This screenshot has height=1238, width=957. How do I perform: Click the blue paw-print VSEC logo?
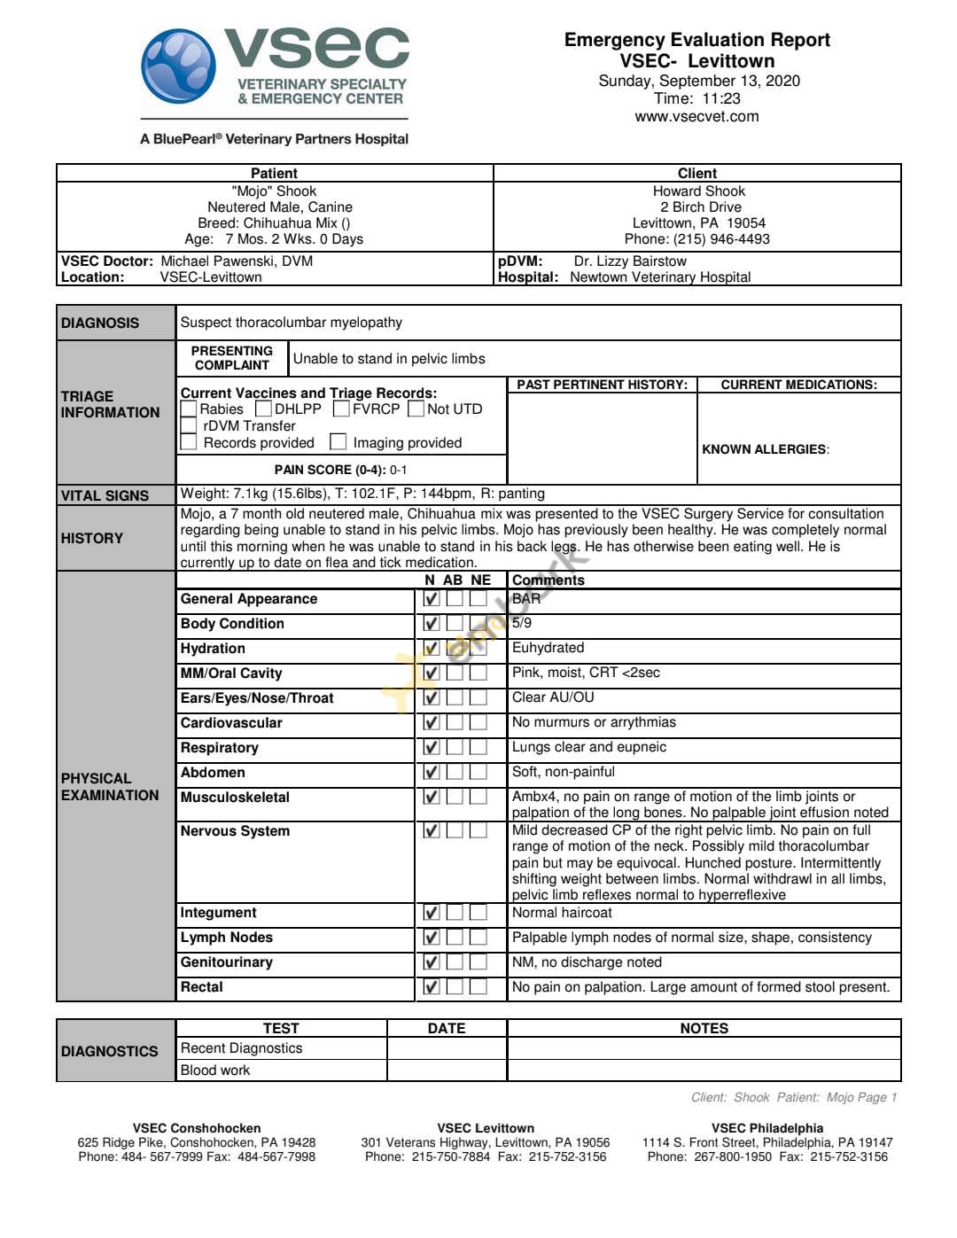[x=178, y=66]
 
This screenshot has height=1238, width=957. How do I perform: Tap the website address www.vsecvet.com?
[x=696, y=116]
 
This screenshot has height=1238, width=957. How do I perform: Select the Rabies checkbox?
[x=189, y=409]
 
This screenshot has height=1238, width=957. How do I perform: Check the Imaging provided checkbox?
[x=338, y=441]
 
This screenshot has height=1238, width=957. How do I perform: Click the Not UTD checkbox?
[x=416, y=409]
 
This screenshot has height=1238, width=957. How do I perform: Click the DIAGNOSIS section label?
[x=100, y=323]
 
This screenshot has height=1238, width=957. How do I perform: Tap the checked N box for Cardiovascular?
[x=432, y=723]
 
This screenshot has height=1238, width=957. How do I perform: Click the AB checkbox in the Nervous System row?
[x=455, y=831]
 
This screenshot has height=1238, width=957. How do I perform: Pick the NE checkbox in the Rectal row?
[x=478, y=987]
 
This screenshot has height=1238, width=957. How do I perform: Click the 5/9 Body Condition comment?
[x=522, y=623]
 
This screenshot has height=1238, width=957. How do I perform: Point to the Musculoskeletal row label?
[x=235, y=798]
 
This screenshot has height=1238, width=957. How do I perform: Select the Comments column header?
[x=549, y=580]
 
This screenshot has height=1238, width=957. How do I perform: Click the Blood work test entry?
[x=215, y=1071]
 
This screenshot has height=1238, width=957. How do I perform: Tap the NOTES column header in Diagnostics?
[x=704, y=1029]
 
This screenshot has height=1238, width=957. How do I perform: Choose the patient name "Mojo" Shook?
[x=274, y=191]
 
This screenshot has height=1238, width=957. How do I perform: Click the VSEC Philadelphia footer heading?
[x=767, y=1128]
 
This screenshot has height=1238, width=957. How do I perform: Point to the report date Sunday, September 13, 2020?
[x=699, y=81]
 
